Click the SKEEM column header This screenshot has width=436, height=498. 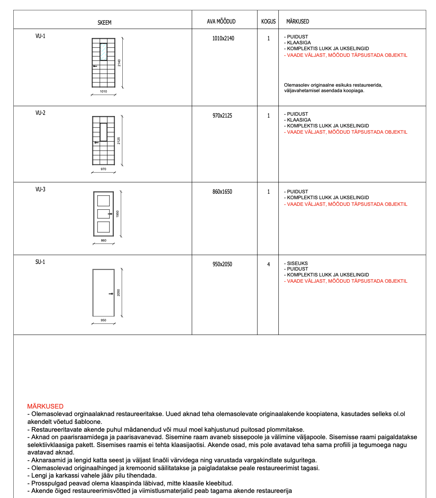point(104,23)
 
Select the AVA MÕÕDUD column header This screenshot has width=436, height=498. point(221,22)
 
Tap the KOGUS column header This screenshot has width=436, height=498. point(268,22)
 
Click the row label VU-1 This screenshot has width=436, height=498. point(40,36)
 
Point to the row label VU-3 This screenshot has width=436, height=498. point(40,189)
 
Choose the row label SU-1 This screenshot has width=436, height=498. point(40,262)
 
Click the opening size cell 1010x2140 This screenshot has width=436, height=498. point(223,38)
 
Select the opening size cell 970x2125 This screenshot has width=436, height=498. point(222,116)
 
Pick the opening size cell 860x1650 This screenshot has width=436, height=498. point(222,192)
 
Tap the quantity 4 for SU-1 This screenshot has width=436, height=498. point(269,264)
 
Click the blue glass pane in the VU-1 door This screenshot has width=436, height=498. point(104,52)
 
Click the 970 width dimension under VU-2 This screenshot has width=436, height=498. point(104,169)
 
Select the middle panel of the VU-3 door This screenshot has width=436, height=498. point(103,214)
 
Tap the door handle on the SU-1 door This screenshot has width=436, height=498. point(111,293)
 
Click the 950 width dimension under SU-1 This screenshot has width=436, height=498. point(104,320)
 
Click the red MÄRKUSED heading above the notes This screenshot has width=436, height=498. point(45,406)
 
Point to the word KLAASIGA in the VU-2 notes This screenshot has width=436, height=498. point(299,120)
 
